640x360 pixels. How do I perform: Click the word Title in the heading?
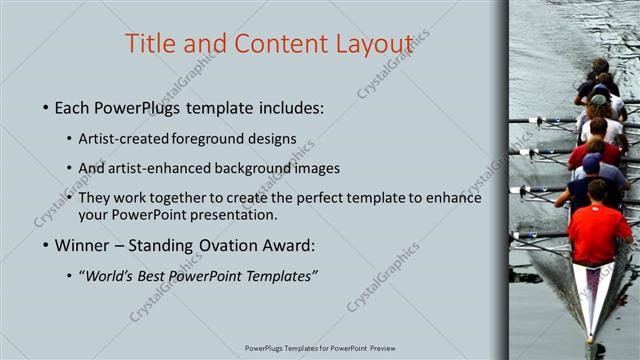[152, 44]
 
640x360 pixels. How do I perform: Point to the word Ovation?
[214, 245]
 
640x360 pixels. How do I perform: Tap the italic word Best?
[161, 275]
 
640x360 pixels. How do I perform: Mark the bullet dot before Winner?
[46, 246]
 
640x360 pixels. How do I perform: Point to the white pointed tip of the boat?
[590, 335]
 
